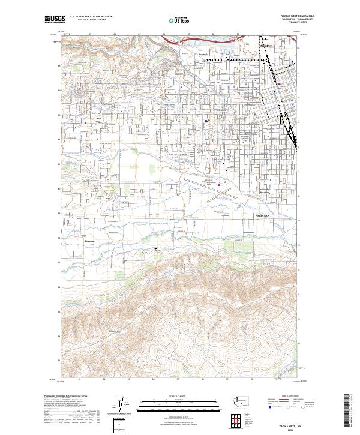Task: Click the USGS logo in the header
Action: (52, 19)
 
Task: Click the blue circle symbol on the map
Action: (206, 121)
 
